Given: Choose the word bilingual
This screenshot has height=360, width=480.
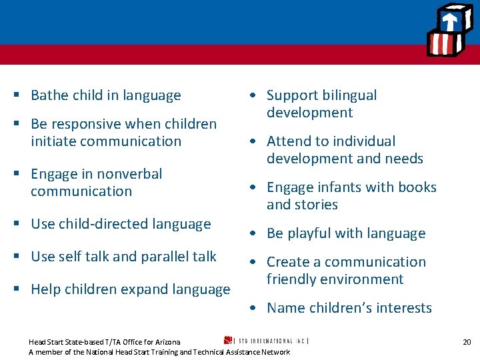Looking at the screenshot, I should click(351, 95).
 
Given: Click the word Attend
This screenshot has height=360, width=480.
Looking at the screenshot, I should click(288, 141).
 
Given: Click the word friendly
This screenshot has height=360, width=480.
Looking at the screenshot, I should click(297, 279).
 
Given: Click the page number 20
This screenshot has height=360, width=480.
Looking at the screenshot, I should click(467, 342).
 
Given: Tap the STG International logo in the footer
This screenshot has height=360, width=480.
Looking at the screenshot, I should click(267, 341).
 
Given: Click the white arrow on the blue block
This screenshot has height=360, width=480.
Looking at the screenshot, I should click(450, 19).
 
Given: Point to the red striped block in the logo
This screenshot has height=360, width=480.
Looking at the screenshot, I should click(442, 45).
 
